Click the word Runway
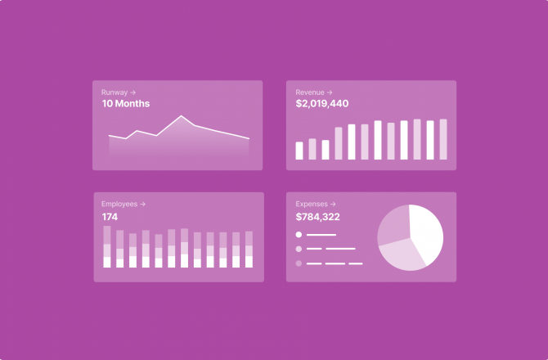pos(114,92)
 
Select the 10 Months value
pos(125,104)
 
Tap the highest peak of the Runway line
pos(181,116)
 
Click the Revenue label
pos(309,92)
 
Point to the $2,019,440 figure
pos(321,104)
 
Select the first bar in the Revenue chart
pos(299,151)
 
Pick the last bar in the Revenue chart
pos(443,139)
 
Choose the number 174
pos(110,217)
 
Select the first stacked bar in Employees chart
pos(107,247)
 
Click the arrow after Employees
pos(143,204)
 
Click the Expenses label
pos(311,204)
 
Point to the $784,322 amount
pos(317,217)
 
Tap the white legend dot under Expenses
pos(299,235)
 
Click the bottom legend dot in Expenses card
pos(299,263)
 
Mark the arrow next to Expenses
pos(333,204)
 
